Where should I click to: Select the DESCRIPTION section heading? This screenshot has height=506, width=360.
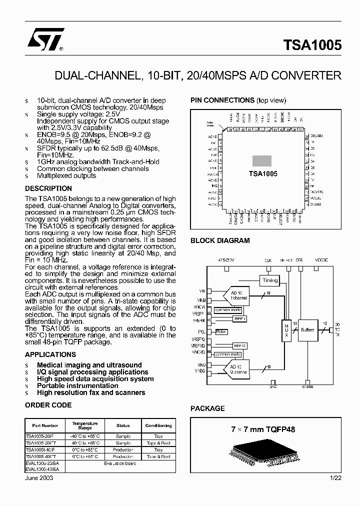point(48,188)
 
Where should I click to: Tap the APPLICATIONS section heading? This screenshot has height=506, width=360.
point(50,354)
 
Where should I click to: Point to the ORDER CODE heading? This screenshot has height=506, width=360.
point(48,405)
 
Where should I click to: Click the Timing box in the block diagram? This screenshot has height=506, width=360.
point(270,280)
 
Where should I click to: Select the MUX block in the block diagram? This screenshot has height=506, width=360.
point(286,329)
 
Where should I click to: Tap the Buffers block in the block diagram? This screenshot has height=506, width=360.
point(307,330)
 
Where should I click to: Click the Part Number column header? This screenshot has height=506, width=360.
point(45,425)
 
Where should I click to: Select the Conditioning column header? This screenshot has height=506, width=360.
point(158,425)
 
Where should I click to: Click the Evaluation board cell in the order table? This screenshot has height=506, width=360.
point(120,463)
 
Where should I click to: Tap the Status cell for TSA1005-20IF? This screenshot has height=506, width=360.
point(123,436)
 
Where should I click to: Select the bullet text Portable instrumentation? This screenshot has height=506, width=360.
point(77,385)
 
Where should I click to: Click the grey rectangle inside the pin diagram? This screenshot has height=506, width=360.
point(261,161)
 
